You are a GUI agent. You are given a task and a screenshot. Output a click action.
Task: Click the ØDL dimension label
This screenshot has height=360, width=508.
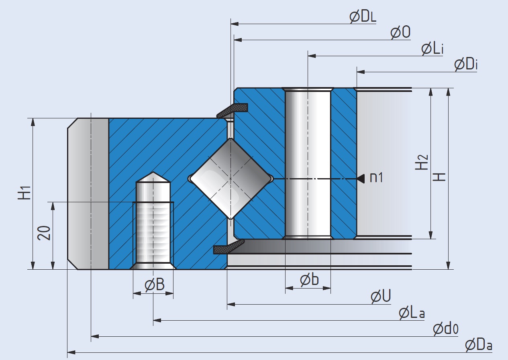click(363, 17)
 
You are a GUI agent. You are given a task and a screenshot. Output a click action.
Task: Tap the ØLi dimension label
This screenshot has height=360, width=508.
click(432, 49)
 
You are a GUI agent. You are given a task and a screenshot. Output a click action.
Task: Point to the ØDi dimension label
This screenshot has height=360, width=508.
click(466, 65)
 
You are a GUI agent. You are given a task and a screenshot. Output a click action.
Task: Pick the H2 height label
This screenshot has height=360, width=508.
click(422, 163)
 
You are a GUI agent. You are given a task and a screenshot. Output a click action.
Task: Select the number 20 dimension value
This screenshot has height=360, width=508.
click(44, 233)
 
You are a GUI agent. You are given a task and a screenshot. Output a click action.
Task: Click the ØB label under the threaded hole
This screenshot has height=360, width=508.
click(154, 285)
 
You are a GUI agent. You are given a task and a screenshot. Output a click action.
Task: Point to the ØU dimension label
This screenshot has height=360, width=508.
click(381, 297)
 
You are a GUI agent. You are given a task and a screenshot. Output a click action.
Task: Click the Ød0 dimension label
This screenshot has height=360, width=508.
click(445, 329)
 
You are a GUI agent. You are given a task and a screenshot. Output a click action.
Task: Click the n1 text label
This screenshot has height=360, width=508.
click(376, 177)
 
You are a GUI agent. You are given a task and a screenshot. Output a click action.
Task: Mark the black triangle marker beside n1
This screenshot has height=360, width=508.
click(361, 177)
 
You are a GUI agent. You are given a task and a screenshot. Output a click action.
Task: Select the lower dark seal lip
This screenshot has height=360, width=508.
click(228, 248)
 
